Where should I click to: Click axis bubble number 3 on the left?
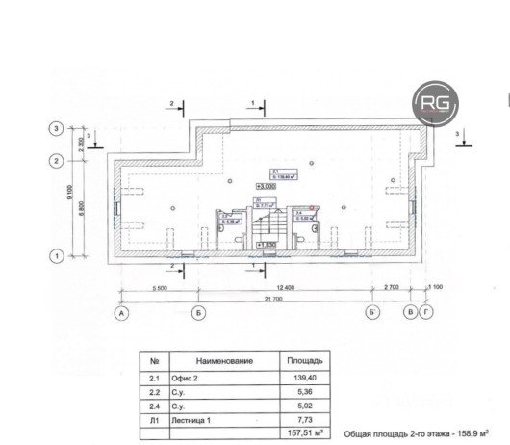(x=57, y=129)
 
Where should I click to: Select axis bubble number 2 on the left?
(x=57, y=161)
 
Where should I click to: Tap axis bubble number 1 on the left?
(x=57, y=256)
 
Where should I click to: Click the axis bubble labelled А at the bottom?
(x=122, y=313)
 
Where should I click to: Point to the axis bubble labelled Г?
(x=426, y=313)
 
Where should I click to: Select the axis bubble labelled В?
(x=410, y=313)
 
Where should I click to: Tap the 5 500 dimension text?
(x=159, y=287)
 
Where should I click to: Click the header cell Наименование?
(x=221, y=360)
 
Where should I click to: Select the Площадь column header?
(x=307, y=360)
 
